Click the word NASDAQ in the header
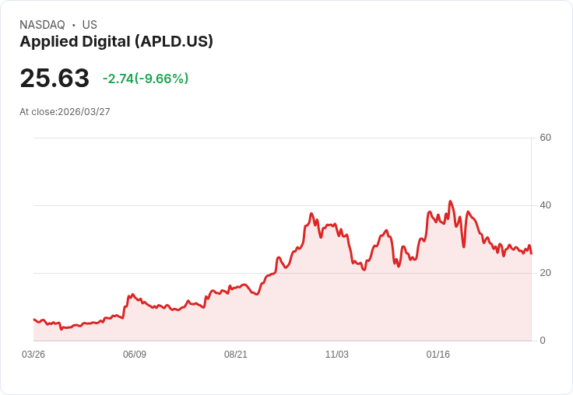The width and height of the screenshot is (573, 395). (42, 25)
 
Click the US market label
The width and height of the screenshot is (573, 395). (90, 25)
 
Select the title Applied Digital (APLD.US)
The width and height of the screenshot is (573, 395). (116, 42)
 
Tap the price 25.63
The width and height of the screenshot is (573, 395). (54, 79)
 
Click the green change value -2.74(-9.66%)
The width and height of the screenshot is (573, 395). (146, 79)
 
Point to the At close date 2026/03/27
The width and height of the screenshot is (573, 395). (84, 112)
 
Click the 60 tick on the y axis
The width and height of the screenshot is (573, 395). (546, 138)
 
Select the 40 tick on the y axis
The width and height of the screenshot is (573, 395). (546, 205)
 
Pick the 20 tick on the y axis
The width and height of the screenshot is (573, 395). (546, 273)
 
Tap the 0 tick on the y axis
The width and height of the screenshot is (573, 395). (543, 341)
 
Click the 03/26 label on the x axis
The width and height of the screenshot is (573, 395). (33, 355)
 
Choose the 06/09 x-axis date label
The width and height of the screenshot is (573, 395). (135, 355)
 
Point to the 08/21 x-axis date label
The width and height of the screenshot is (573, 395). (236, 355)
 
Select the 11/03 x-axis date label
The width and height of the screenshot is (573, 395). (337, 355)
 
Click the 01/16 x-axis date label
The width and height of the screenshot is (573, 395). (438, 355)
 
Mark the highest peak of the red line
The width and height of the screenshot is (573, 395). (450, 201)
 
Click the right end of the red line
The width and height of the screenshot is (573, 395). (531, 253)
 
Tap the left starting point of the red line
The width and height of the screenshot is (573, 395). (33, 319)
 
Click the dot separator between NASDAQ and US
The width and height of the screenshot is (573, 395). (74, 25)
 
